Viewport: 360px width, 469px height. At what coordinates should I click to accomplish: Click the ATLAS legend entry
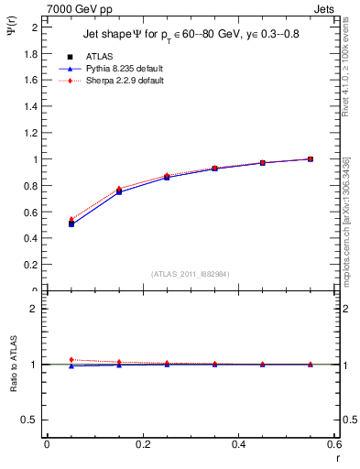click(99, 57)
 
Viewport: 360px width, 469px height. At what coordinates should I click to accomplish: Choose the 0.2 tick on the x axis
click(142, 444)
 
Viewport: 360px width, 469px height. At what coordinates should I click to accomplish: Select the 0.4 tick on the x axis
click(238, 444)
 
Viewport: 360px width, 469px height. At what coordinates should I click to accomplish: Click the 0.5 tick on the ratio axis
click(29, 420)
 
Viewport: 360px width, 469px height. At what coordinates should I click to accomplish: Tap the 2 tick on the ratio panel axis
click(34, 309)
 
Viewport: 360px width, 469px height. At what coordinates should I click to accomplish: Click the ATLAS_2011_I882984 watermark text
click(190, 274)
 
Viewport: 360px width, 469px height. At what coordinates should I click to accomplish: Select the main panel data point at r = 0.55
click(311, 159)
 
